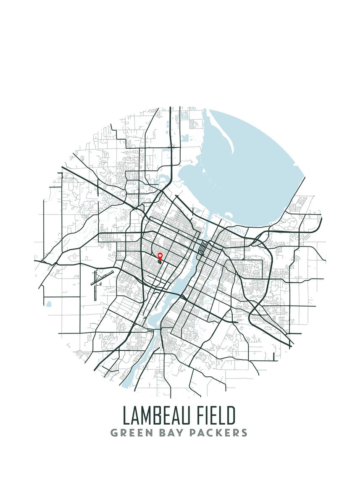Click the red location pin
160,255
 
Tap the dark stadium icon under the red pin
160,261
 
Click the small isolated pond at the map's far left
49,303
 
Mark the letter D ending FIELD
231,415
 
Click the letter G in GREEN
114,433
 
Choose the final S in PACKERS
244,433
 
